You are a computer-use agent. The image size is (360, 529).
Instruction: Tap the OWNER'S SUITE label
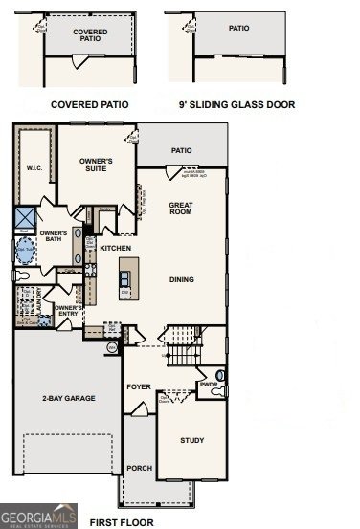coord(96,165)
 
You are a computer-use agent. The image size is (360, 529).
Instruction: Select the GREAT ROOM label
coord(181,209)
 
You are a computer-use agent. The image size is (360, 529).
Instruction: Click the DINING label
coord(181,280)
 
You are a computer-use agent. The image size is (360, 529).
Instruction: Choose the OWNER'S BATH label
coord(53,237)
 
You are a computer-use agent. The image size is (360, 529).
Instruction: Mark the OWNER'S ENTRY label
coord(66,312)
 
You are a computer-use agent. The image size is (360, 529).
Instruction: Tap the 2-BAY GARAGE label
coord(67,397)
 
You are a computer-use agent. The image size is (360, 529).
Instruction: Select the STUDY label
coord(192,440)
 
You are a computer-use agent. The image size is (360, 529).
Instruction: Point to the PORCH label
coord(139,468)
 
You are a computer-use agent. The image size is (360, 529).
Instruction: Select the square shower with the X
coord(25,217)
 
